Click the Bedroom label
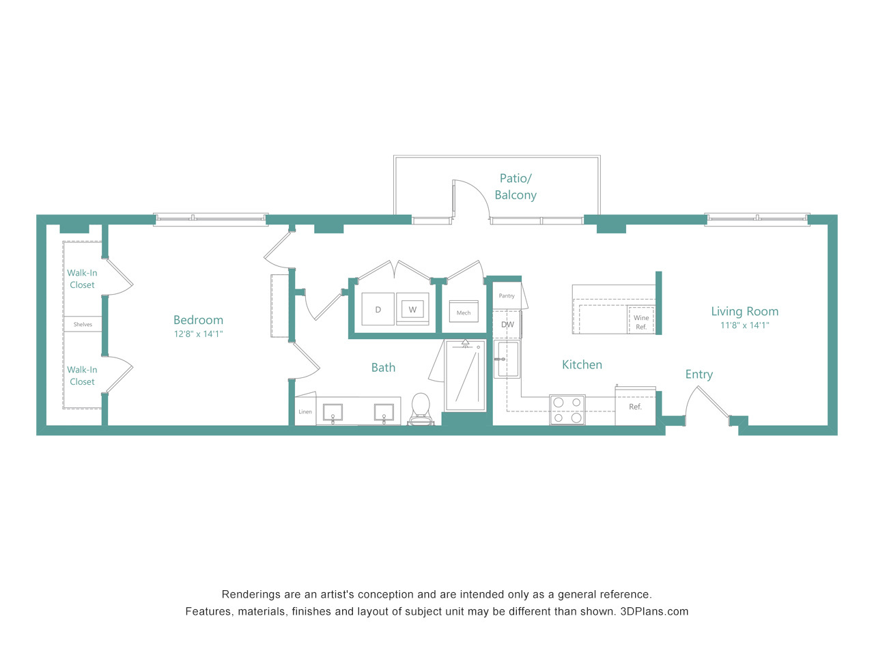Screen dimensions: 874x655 (x=198, y=320)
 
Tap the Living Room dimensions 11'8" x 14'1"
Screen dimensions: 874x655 (x=744, y=325)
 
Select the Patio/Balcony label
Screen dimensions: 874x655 (x=516, y=186)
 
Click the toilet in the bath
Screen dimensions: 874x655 (x=421, y=409)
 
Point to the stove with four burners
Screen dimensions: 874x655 (x=567, y=409)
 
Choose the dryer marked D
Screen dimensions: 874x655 (x=378, y=309)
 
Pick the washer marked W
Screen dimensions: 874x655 (x=412, y=309)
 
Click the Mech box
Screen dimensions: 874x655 (x=464, y=311)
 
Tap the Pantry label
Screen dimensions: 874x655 (x=507, y=296)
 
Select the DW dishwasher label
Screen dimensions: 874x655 (x=507, y=325)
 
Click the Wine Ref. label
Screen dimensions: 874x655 (x=641, y=322)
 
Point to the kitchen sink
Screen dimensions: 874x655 (x=507, y=359)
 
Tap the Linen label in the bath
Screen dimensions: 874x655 (x=305, y=411)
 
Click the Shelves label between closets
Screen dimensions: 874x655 (x=83, y=325)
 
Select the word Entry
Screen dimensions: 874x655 (x=699, y=375)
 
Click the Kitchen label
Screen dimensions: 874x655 (x=582, y=364)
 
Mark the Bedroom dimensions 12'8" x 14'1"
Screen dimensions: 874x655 (x=198, y=334)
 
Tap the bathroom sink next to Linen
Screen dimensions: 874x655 (x=333, y=412)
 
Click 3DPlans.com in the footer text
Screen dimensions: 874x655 (x=654, y=611)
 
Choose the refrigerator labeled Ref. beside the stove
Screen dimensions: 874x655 (x=635, y=407)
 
